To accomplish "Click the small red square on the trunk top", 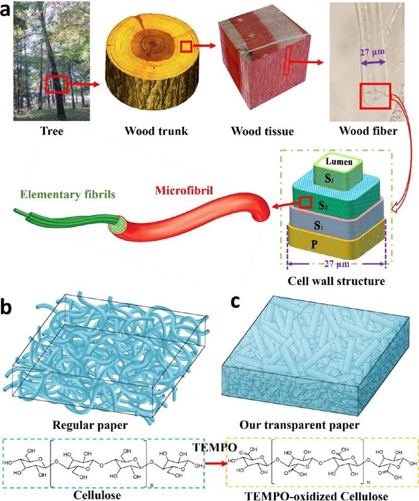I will pos(187,46).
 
